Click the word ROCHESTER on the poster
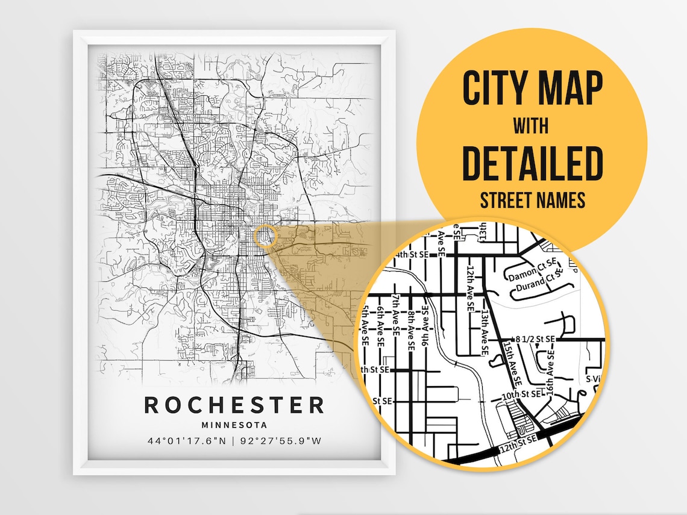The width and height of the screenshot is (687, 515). click(234, 405)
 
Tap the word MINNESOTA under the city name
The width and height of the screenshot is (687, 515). click(234, 425)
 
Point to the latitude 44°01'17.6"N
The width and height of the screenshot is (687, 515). click(187, 441)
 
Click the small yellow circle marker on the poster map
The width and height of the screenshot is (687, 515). click(265, 236)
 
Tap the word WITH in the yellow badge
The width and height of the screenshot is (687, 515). click(532, 126)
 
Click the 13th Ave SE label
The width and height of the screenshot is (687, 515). click(485, 328)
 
